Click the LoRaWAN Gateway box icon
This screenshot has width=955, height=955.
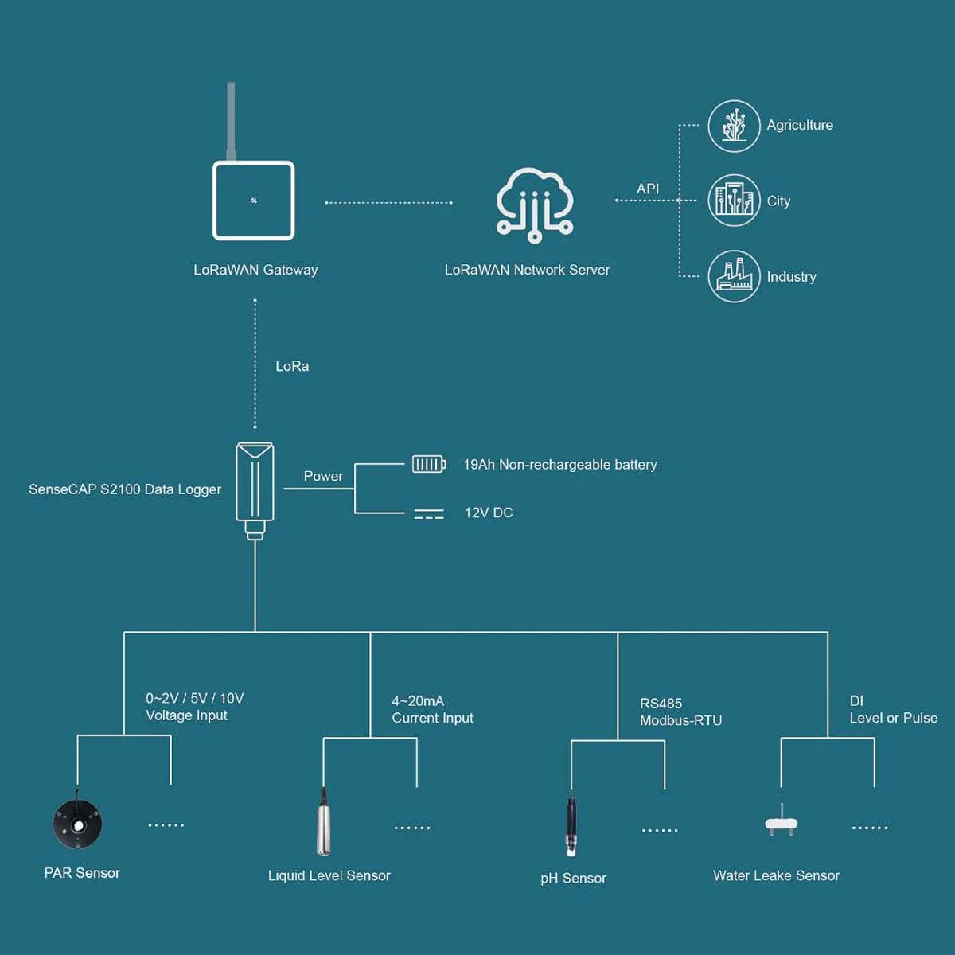point(254,201)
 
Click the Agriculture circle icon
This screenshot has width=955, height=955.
point(734,126)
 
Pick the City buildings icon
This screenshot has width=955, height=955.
point(734,201)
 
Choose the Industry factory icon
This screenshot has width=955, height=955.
point(734,276)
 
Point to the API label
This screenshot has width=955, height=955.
point(648,189)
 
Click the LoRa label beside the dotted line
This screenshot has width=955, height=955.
point(292,366)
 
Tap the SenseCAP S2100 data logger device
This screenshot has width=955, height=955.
point(255,489)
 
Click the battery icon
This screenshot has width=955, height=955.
point(428,464)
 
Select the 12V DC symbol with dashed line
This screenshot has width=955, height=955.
point(429,514)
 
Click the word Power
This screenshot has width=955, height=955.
point(323,476)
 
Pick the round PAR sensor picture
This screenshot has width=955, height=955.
point(78,824)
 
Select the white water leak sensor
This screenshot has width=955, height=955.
point(782,824)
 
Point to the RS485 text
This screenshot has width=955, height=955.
point(661,704)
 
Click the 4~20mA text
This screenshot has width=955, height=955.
point(418,701)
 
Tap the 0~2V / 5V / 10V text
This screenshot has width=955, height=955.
point(195,698)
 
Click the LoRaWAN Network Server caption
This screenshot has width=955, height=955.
point(527,270)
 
